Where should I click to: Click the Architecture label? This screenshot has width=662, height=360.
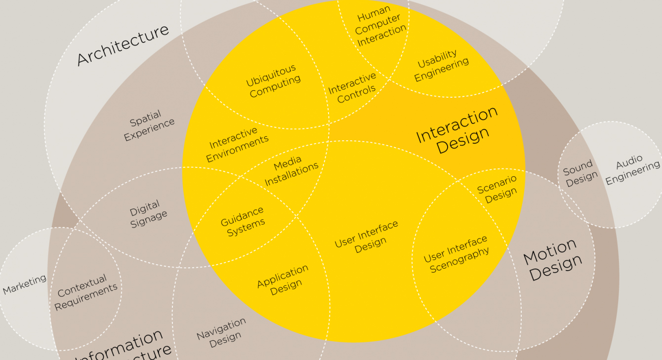tap(123, 44)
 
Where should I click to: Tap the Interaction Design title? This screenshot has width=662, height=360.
tap(456, 130)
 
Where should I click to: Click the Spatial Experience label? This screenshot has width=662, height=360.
tap(148, 125)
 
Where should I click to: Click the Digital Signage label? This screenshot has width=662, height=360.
tap(147, 213)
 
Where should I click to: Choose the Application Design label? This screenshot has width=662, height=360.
tap(284, 280)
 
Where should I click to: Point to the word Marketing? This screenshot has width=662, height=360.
tap(25, 284)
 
